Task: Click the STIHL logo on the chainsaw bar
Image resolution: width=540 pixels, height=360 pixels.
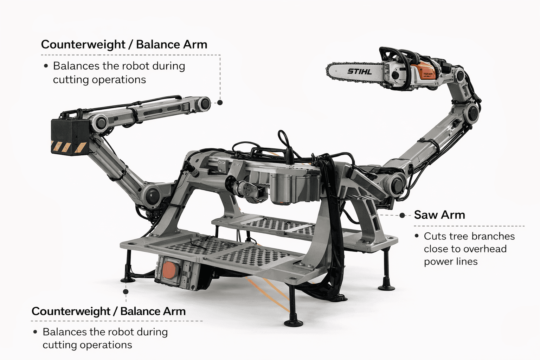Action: pos(360,71)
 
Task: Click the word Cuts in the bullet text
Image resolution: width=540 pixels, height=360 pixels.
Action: pos(435,236)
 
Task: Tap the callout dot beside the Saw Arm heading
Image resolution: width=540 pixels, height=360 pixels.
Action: pos(403,215)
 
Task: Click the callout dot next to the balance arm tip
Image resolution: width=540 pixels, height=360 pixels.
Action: pos(220,103)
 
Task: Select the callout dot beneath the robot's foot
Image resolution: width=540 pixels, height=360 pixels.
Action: pos(126,291)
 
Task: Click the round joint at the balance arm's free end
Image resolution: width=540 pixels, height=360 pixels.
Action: pos(204,104)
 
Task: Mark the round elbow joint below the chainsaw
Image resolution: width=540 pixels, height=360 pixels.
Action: pos(472,111)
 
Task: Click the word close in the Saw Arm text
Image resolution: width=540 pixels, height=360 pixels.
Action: pos(436,249)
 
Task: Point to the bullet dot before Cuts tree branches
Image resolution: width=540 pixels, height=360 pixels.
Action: pos(417,236)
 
